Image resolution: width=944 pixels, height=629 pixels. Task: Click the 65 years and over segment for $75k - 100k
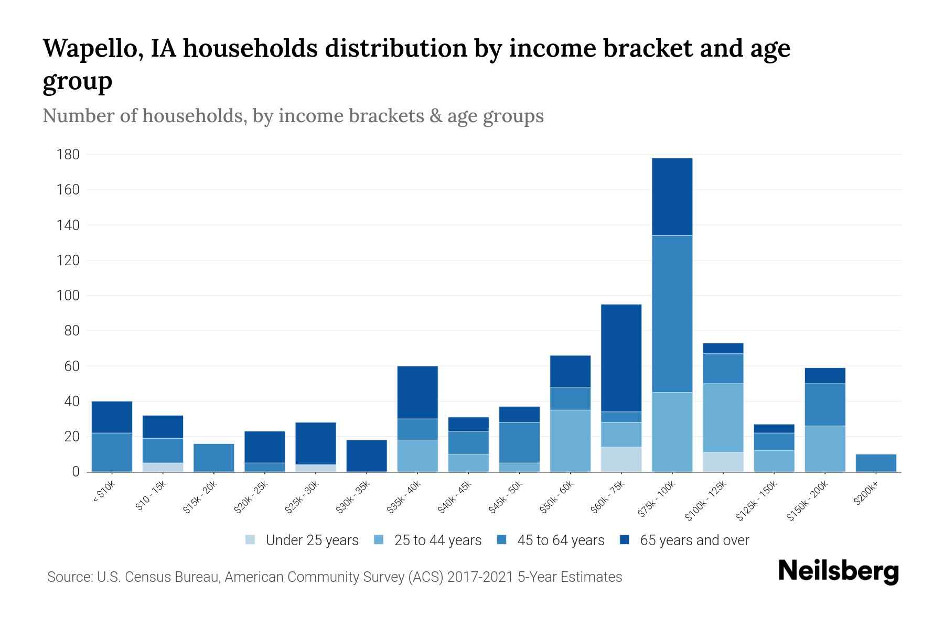click(672, 197)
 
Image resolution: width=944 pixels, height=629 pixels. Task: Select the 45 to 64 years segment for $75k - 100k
click(672, 313)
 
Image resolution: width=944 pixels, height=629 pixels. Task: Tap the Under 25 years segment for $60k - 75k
click(621, 459)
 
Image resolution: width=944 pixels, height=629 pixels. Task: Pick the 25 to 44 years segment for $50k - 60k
click(570, 441)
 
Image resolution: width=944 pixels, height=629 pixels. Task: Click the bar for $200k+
click(875, 463)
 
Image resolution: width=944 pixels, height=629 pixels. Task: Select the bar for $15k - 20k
click(213, 458)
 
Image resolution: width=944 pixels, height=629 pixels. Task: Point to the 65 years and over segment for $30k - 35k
click(367, 456)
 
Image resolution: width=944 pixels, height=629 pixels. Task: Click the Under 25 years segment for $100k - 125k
click(723, 462)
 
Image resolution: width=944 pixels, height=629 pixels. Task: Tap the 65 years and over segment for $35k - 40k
click(417, 392)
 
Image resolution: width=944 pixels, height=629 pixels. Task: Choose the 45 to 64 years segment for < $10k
click(112, 452)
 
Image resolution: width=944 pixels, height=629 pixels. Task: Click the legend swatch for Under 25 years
click(251, 540)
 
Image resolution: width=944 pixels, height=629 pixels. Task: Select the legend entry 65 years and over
click(694, 540)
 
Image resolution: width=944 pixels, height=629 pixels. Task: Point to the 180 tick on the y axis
click(69, 155)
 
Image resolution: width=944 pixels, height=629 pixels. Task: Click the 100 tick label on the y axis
click(69, 296)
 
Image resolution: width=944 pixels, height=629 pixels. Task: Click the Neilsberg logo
click(838, 572)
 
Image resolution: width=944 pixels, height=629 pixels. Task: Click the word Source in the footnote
click(69, 577)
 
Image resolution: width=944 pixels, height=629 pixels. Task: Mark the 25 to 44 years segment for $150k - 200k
click(824, 449)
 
